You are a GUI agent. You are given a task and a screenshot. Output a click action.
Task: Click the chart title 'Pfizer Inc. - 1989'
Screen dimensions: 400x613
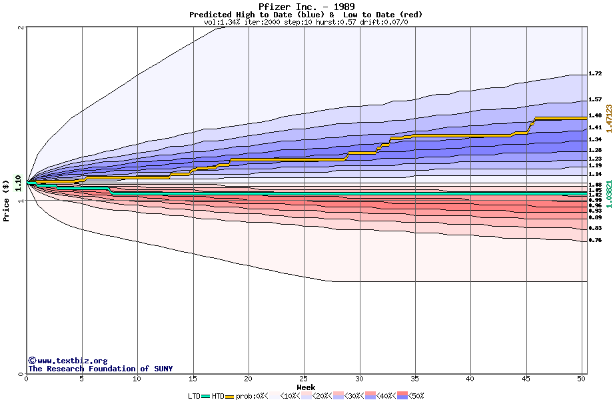306,6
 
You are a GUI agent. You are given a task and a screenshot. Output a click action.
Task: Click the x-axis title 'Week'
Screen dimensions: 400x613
306,387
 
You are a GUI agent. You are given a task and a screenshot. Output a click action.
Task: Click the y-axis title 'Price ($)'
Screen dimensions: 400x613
6,200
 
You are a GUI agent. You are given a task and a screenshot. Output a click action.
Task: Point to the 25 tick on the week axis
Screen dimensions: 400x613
304,379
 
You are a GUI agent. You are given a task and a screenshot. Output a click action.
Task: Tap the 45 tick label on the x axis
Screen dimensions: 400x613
526,379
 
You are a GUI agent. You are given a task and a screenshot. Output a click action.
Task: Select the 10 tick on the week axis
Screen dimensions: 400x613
137,379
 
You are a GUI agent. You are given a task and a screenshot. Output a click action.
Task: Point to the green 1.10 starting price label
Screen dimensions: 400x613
18,181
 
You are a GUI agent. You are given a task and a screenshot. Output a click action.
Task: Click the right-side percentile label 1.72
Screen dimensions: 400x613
595,74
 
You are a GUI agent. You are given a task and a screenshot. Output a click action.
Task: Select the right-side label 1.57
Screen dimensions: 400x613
595,100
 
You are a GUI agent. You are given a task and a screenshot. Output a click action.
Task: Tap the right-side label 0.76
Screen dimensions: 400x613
595,240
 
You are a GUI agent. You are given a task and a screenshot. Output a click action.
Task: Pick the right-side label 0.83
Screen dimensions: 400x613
595,228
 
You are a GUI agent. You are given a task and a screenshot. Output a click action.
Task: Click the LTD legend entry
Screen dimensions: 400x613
195,396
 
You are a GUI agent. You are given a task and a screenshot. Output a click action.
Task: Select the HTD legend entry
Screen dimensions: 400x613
218,396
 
